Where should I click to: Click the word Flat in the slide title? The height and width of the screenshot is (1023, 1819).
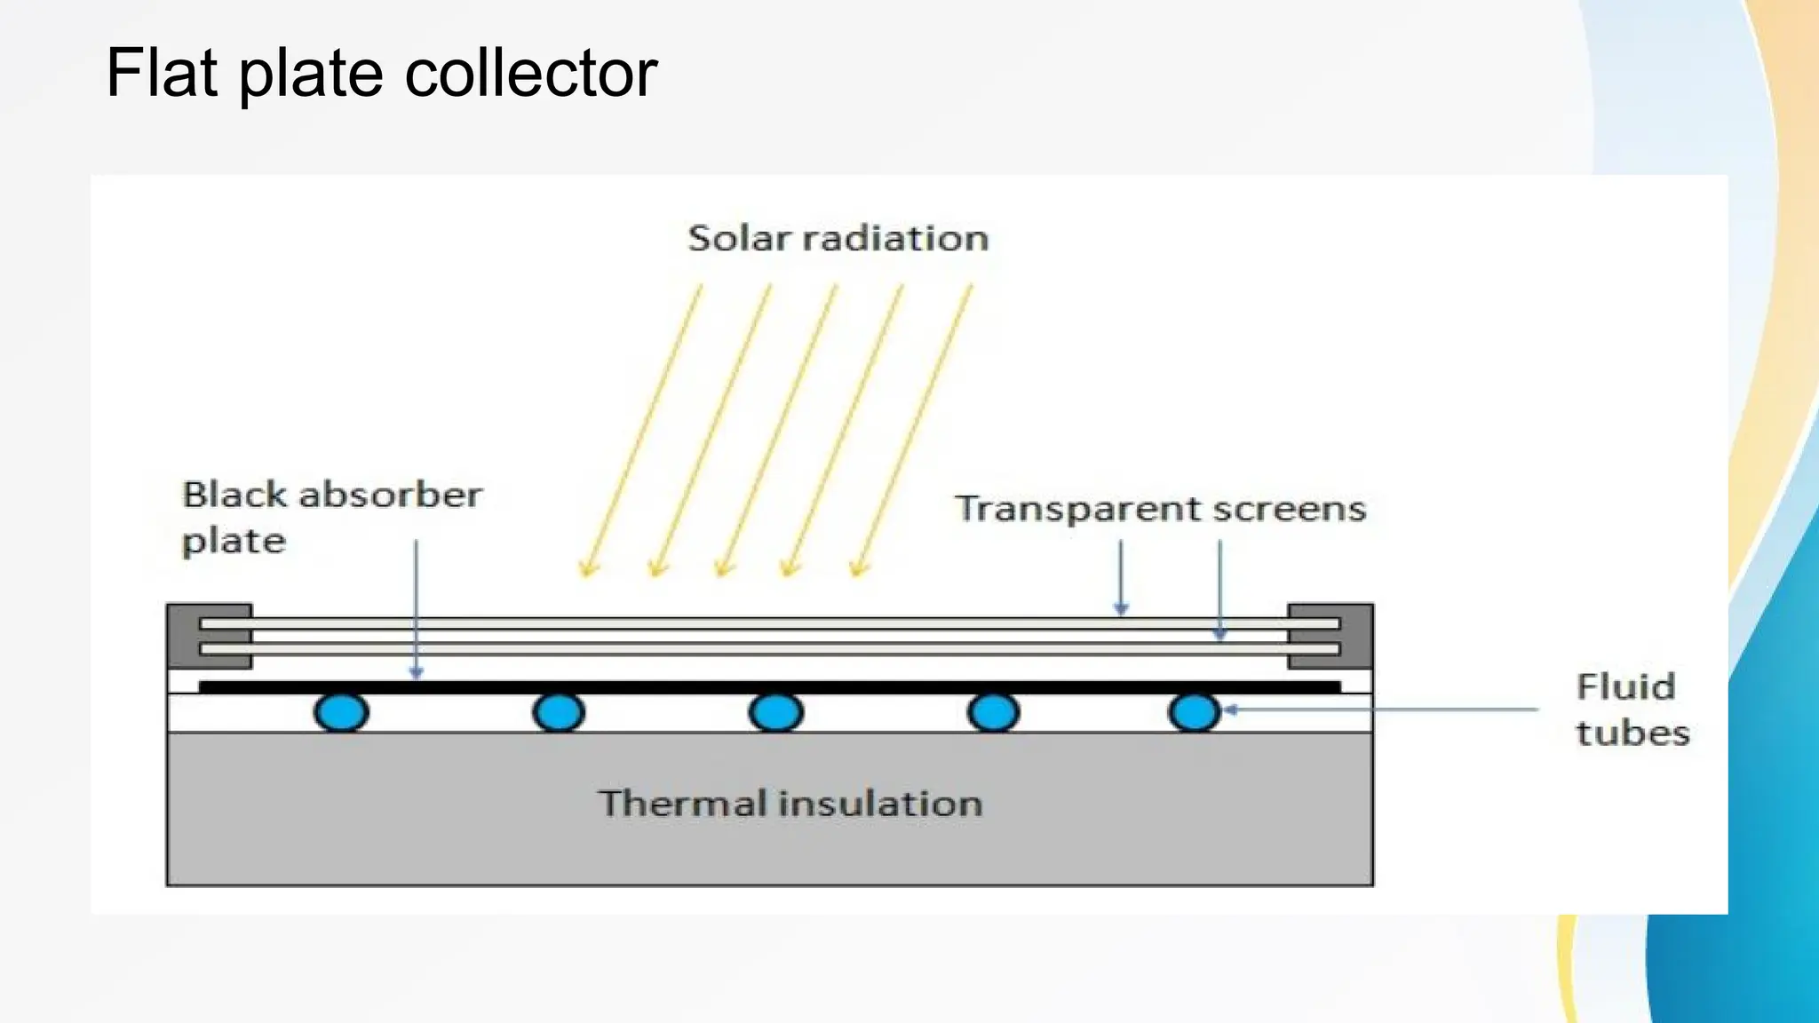click(x=161, y=73)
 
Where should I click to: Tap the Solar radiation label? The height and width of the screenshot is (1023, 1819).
click(x=838, y=238)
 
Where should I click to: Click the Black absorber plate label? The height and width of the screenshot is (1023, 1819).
click(x=330, y=517)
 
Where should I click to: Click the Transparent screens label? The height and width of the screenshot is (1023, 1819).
click(x=1160, y=509)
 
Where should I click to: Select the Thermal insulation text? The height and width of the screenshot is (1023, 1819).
click(x=790, y=804)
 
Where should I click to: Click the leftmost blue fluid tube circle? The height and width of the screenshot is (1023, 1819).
click(x=341, y=712)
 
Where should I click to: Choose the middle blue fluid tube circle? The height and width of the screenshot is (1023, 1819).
click(x=775, y=712)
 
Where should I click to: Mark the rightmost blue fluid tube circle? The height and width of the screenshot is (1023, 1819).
click(x=1195, y=712)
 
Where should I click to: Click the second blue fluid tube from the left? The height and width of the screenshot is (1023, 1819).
click(x=559, y=712)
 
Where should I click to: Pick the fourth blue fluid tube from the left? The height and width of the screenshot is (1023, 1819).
click(x=993, y=712)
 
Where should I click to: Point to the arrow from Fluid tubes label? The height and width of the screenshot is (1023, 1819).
click(x=1381, y=710)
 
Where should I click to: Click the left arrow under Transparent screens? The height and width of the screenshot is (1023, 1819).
click(x=1121, y=577)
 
